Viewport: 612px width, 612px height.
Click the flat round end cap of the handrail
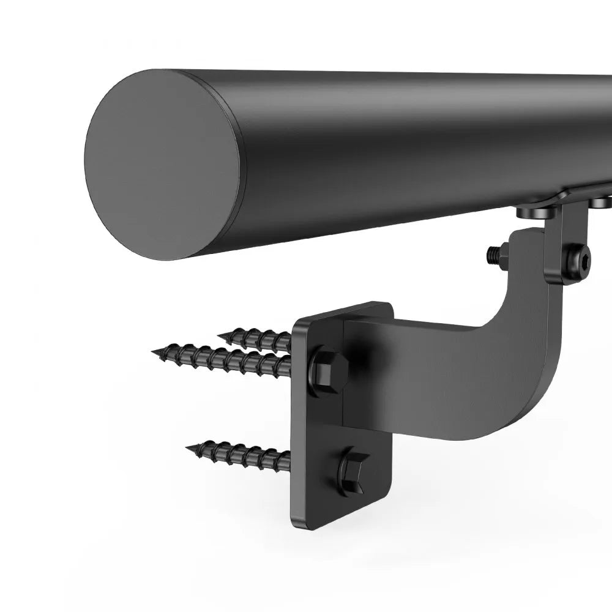click(x=162, y=165)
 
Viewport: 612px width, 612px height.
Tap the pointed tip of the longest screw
click(x=154, y=351)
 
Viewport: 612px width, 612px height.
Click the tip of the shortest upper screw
click(x=220, y=334)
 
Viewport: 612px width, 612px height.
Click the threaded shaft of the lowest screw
click(x=245, y=453)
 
